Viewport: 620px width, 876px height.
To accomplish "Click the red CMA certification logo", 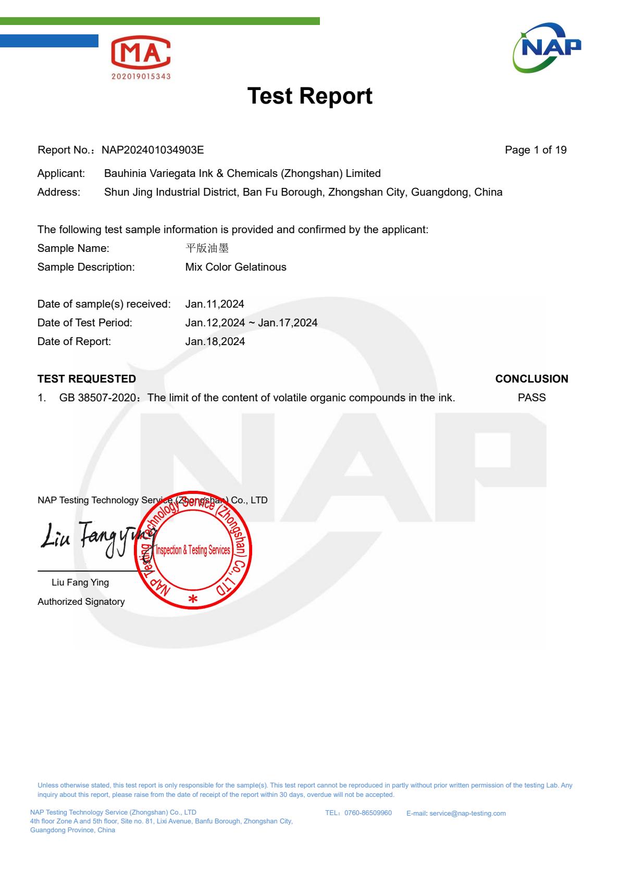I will [x=141, y=57].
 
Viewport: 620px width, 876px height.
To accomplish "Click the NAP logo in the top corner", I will [x=547, y=48].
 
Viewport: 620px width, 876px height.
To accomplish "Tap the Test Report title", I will [x=309, y=96].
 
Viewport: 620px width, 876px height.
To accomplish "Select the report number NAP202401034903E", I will [x=153, y=150].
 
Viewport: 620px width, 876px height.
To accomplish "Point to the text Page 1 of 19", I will [x=536, y=150].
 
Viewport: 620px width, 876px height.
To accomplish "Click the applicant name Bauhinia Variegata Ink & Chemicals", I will [x=242, y=173].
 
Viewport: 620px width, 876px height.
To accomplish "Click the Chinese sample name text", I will [x=207, y=248].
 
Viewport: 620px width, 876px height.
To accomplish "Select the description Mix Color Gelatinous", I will [x=235, y=267].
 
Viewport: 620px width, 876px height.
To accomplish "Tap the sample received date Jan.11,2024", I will [x=215, y=304].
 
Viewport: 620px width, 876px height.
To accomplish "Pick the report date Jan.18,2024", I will [x=215, y=341].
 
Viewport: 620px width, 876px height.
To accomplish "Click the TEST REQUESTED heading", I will [x=86, y=379].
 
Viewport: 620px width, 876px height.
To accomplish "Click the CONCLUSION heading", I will [x=531, y=379].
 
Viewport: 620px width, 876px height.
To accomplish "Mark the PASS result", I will [x=531, y=398].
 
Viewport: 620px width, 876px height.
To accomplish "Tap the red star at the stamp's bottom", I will [x=193, y=599].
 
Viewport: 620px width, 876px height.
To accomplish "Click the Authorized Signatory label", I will [x=81, y=602].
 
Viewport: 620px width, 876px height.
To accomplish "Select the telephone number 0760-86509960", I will [x=368, y=813].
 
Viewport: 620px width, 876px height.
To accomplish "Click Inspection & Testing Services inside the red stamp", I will [x=193, y=550].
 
